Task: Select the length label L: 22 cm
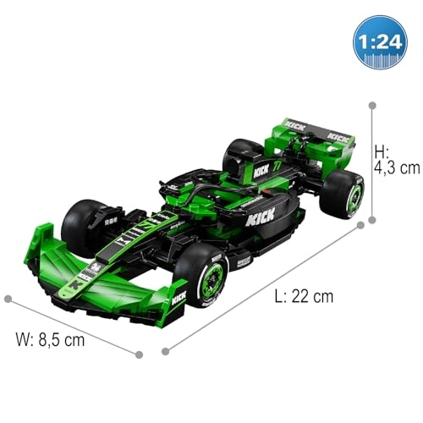(x=304, y=296)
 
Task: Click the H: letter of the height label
(x=382, y=151)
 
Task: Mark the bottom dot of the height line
(x=371, y=221)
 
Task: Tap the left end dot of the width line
(x=8, y=299)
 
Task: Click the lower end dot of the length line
(x=165, y=351)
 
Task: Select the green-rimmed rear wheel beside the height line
(x=344, y=193)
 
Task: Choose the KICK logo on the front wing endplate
(x=179, y=298)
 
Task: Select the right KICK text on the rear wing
(x=338, y=136)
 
